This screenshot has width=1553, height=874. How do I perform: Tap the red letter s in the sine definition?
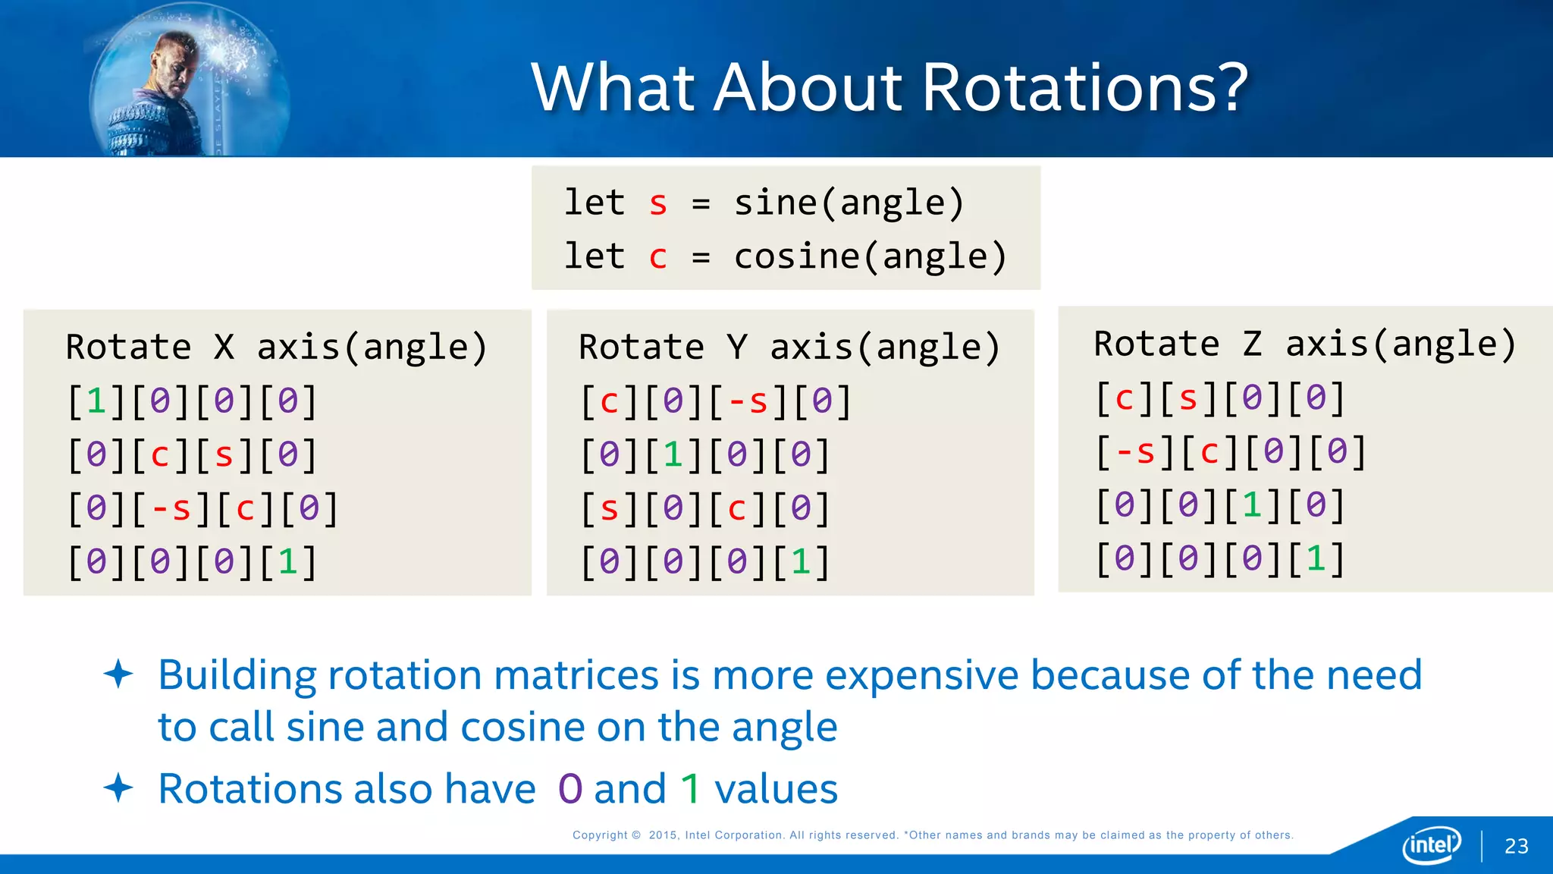657,203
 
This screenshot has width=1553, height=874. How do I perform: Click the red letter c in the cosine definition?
657,257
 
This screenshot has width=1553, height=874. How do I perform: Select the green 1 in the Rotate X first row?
96,401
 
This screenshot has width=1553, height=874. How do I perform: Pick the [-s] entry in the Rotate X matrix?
171,508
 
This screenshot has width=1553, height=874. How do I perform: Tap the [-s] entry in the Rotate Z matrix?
1135,452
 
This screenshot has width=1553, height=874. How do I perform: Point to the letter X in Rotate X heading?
224,347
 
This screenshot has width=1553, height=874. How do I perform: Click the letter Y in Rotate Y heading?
737,347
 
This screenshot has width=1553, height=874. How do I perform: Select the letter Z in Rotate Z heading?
1252,344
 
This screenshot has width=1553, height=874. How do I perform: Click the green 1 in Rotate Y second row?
673,454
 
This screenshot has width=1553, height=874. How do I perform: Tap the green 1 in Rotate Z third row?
1252,505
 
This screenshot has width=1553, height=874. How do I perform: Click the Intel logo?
1432,844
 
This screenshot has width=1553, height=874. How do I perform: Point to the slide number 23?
1516,846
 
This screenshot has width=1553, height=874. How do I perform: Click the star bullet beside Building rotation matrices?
118,674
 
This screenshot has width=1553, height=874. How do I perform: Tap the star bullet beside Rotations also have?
118,788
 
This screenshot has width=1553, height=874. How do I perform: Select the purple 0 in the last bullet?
569,789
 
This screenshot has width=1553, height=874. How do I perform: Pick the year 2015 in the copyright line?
662,835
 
